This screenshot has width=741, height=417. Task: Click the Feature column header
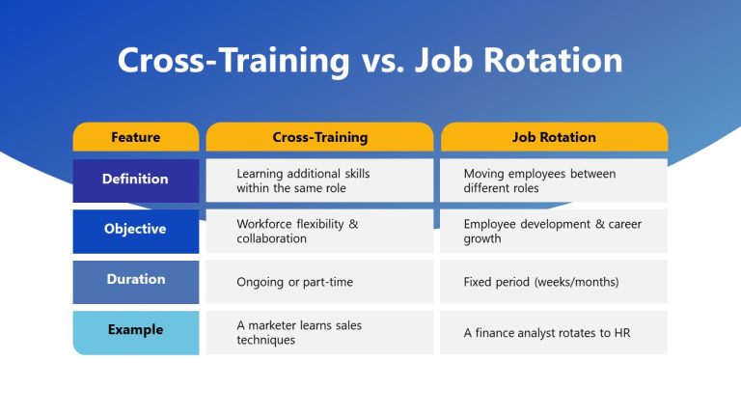click(135, 137)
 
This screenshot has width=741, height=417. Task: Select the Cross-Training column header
click(319, 137)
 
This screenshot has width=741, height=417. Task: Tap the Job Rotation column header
click(554, 137)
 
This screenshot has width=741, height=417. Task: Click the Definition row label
click(135, 180)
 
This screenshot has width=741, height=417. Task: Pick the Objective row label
click(135, 230)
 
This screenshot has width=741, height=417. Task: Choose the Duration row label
click(135, 280)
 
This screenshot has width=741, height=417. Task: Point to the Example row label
click(135, 330)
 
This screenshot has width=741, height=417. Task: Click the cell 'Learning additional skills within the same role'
click(319, 181)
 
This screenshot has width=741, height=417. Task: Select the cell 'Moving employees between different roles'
click(554, 181)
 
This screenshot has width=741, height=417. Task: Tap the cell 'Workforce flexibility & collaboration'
click(319, 231)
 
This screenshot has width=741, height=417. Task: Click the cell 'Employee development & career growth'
click(554, 231)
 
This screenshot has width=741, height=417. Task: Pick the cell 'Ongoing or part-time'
click(319, 282)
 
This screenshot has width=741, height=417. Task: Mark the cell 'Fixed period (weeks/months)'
click(554, 282)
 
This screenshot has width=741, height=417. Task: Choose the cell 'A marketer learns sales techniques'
click(319, 332)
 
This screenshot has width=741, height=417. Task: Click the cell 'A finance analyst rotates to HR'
click(554, 332)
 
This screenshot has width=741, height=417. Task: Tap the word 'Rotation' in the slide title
click(555, 61)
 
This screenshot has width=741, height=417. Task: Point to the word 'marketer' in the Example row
click(273, 325)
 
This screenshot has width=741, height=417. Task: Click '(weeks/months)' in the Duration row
click(575, 282)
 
